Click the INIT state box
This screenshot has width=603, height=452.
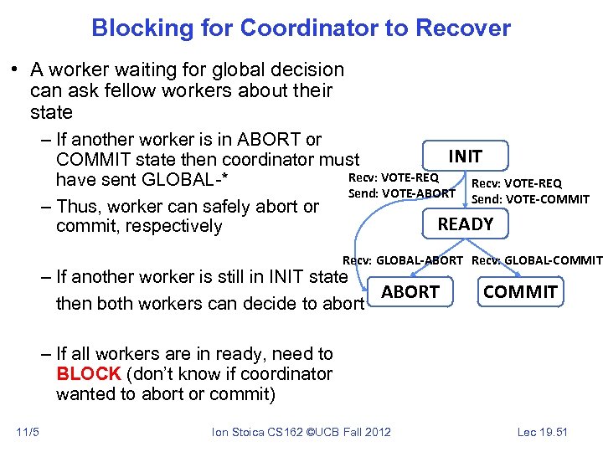tap(465, 157)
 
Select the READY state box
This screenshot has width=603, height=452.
tap(465, 223)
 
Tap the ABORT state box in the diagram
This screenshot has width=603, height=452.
tap(410, 291)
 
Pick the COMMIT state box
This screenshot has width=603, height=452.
tap(519, 291)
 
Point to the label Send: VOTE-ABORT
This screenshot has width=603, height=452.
tap(401, 193)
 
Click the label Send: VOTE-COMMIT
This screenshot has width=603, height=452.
tap(530, 198)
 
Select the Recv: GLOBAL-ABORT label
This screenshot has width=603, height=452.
tap(402, 260)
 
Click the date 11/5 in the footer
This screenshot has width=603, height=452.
tap(27, 432)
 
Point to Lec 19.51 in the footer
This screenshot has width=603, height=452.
tap(542, 432)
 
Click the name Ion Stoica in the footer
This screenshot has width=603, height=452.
tap(237, 432)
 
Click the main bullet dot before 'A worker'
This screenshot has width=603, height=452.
tap(17, 70)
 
